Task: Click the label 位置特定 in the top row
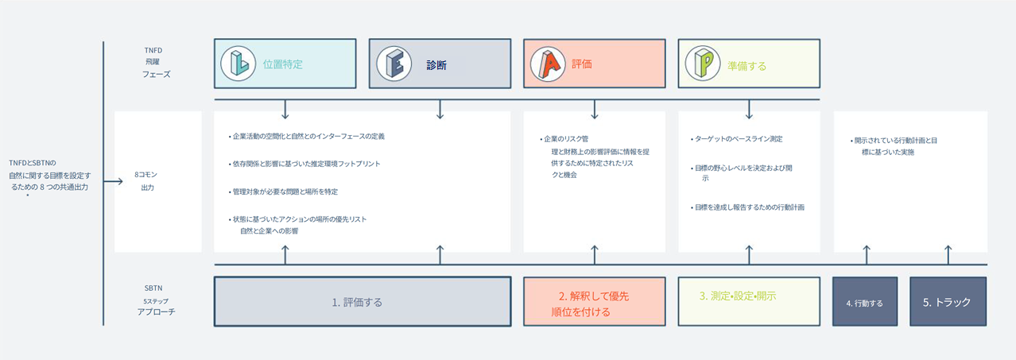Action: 283,64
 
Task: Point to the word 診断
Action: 436,65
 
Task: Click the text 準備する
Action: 746,66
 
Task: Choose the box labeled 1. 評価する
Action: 362,302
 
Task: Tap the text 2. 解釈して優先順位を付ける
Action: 594,304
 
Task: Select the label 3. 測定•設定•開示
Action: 738,296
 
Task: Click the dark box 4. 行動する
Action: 864,303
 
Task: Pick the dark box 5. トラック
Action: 947,302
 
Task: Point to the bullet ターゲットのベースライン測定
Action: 739,138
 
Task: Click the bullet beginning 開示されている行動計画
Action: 894,145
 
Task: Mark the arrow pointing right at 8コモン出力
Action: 114,181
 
